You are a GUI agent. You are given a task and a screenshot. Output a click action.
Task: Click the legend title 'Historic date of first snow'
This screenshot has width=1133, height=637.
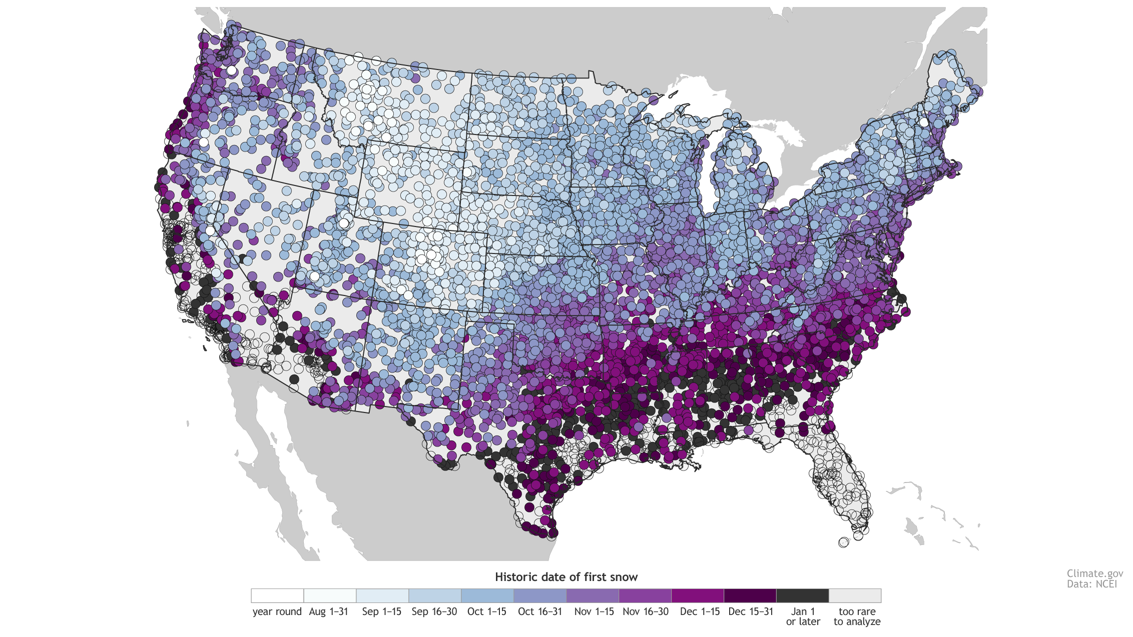[566, 577]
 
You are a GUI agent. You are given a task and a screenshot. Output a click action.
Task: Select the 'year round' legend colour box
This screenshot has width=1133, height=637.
[277, 595]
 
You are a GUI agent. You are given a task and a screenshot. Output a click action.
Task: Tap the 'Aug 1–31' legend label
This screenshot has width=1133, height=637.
[328, 611]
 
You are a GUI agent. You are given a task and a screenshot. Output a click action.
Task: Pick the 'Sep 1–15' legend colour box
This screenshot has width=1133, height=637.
[382, 595]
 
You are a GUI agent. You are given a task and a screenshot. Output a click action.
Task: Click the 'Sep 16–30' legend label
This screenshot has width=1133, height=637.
[434, 611]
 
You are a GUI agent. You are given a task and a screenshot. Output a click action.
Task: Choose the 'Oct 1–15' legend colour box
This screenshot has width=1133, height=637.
[487, 595]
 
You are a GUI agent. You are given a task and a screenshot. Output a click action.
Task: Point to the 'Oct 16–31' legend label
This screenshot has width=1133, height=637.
[540, 611]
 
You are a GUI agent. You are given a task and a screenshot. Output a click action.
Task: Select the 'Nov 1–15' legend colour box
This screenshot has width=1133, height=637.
[593, 595]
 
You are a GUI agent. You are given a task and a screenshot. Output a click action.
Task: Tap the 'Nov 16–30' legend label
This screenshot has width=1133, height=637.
[646, 611]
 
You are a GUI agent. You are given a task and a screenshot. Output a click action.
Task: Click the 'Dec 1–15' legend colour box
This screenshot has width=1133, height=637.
[698, 595]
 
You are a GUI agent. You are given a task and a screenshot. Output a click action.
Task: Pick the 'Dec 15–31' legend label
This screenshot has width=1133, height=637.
[751, 611]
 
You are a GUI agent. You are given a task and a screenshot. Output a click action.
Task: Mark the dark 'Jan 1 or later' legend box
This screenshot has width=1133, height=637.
[802, 595]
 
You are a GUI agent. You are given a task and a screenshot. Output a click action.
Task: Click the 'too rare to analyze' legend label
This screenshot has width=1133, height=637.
[857, 616]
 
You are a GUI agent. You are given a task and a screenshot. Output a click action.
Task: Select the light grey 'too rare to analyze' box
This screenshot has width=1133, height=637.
[855, 595]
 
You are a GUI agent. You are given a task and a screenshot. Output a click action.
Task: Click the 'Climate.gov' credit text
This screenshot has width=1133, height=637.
[1094, 573]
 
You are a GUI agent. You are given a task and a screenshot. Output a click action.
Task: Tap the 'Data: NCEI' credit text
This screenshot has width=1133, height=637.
[1091, 584]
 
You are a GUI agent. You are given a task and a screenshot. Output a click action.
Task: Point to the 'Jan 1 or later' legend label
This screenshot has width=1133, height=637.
[803, 616]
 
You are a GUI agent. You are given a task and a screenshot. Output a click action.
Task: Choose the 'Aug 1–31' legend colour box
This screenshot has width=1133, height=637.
[330, 595]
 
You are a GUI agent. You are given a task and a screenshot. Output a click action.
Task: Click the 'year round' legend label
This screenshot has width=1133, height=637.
[277, 611]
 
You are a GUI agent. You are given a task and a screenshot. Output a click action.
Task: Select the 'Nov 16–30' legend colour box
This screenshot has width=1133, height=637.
[645, 595]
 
